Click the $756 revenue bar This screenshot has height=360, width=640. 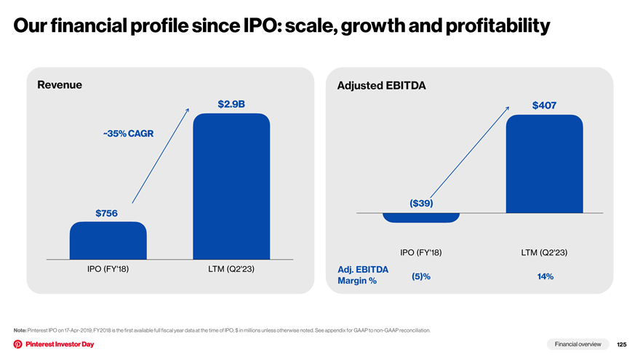coord(108,241)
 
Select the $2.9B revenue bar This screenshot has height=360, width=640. coord(231,186)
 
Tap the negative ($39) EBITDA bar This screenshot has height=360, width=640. coord(421,217)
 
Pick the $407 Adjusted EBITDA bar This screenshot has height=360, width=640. coord(545,164)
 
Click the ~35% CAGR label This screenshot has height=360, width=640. coord(128,134)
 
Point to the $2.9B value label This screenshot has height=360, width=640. coord(231,104)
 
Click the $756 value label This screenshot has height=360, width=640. coord(106,213)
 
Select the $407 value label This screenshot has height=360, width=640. coord(545,105)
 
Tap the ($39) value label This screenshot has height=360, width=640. coord(421,203)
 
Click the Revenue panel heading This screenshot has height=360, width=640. coord(60,84)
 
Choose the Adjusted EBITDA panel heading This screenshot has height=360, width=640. coord(381,85)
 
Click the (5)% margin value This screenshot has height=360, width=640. coord(421,276)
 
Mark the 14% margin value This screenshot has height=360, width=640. coord(545,276)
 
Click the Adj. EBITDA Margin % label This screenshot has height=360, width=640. coord(363,275)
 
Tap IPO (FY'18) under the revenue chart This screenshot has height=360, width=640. coord(108,269)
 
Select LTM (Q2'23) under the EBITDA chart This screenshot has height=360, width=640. coord(544,252)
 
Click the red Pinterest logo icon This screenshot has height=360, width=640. coord(18,344)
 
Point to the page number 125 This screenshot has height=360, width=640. coord(622,345)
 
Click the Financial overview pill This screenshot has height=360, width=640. coord(578,344)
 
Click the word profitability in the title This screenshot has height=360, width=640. coord(497,25)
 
